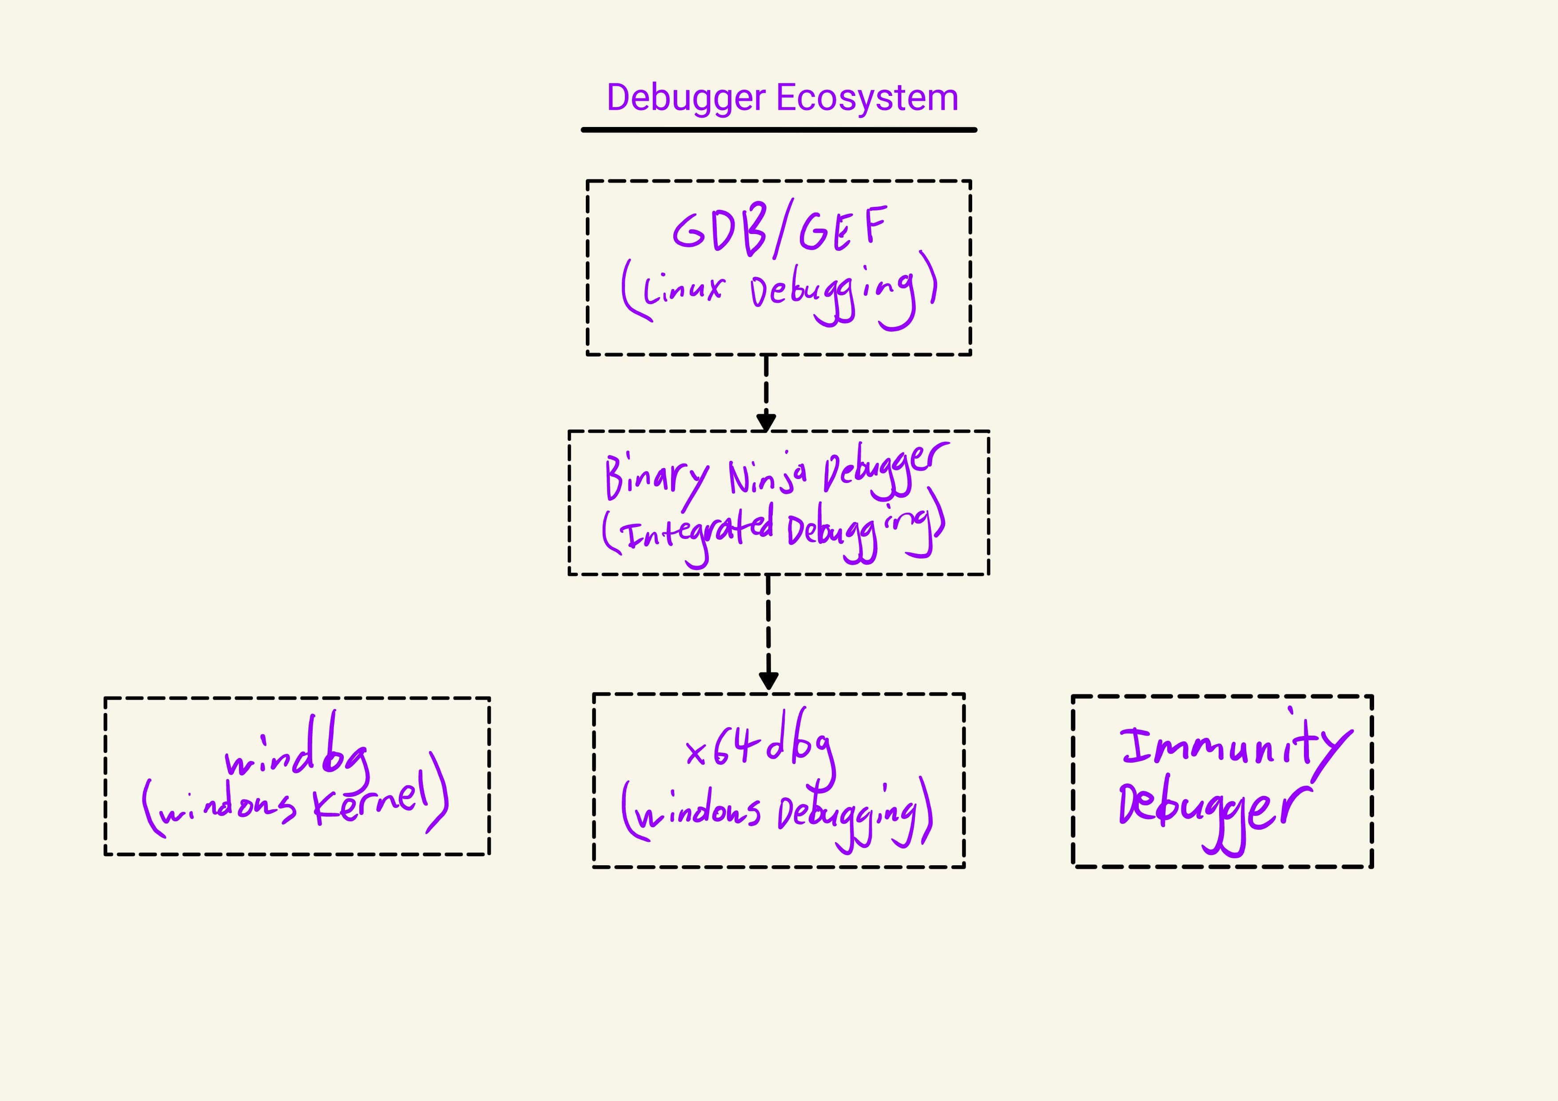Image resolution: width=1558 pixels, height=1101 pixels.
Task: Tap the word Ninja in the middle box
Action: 767,475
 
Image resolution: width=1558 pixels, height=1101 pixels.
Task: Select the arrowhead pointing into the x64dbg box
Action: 768,681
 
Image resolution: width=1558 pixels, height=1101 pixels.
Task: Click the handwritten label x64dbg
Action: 760,747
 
